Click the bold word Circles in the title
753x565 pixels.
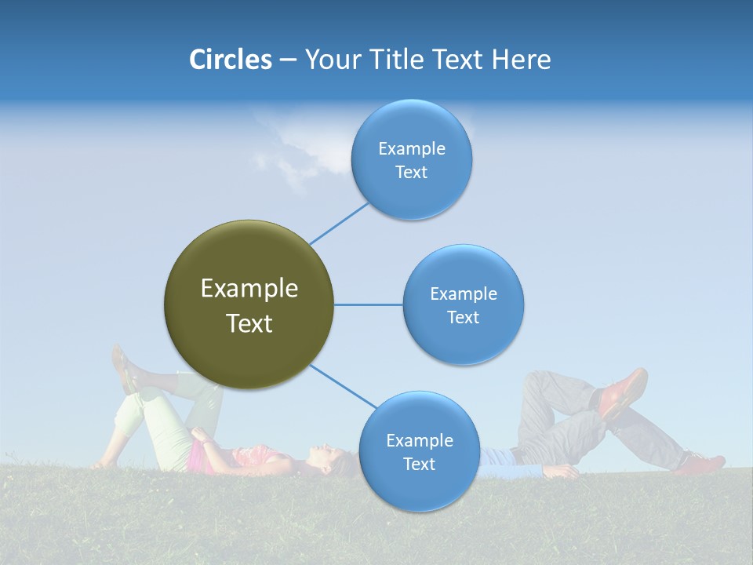230,60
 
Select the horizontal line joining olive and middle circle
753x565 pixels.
368,304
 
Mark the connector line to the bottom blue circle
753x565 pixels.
344,387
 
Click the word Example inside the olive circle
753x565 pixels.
249,289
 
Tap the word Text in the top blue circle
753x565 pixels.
411,173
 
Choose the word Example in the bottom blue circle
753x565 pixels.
419,440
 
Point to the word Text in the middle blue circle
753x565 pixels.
463,318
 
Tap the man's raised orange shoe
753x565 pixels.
624,391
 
